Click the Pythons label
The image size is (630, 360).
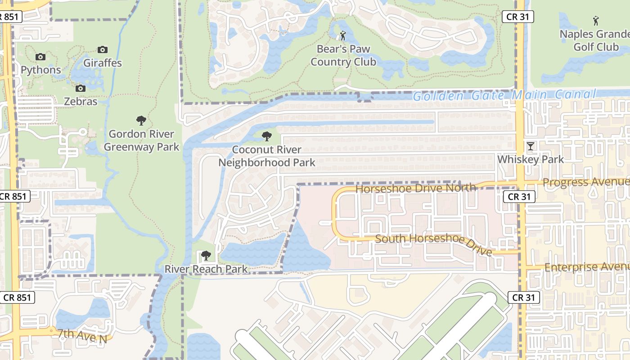40,70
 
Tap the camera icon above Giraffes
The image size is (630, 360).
103,49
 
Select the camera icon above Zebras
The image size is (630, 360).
81,88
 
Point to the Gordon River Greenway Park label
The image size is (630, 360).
141,140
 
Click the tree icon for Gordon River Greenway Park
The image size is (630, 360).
141,121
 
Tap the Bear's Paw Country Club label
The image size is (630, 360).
343,55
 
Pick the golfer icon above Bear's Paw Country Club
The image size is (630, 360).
343,35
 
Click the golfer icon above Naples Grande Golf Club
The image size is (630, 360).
596,20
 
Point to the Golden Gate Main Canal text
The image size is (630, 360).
504,95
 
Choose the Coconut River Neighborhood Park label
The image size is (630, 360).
267,156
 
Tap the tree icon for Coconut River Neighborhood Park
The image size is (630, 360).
267,136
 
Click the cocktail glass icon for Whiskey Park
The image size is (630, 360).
531,146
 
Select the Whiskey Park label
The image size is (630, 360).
531,159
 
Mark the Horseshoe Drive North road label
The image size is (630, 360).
415,188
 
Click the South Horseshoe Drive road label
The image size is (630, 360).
433,243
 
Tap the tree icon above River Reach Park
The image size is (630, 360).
206,256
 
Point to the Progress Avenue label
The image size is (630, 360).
586,182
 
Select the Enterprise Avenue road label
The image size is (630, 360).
587,267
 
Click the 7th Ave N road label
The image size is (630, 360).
82,336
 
